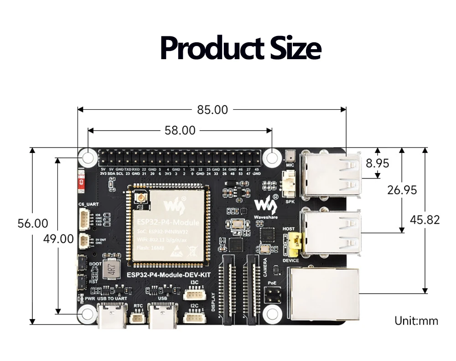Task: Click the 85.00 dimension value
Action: point(212,110)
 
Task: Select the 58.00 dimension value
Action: point(180,131)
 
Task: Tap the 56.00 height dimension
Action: point(33,224)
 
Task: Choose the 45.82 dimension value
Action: point(425,220)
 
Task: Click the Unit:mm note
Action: point(416,321)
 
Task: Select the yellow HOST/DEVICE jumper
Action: point(294,244)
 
